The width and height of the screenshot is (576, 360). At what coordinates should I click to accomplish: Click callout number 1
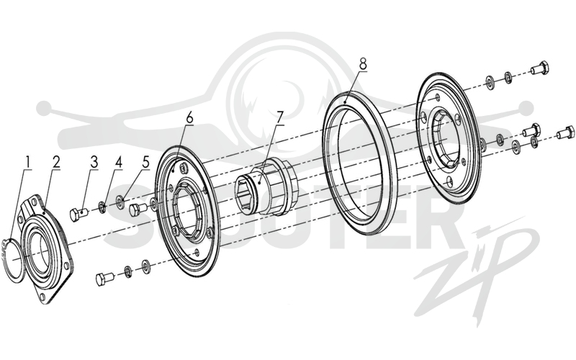point(27,163)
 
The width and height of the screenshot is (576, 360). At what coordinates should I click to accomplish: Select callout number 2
point(56,163)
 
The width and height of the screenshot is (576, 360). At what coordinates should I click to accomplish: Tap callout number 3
point(95,163)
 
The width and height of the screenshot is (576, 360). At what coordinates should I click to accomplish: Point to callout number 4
point(118,163)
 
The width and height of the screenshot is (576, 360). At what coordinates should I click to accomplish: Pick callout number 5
point(146,163)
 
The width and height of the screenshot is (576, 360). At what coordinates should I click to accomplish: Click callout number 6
point(189,117)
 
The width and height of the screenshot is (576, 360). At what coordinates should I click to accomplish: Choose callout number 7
point(280,117)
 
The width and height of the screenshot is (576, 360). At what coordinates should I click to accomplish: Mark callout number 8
point(363,64)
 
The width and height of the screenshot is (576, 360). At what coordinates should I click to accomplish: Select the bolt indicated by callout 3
point(79,213)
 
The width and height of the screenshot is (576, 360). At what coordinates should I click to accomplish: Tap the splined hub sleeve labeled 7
point(265,186)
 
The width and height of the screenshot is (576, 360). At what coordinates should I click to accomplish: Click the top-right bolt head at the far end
point(539,68)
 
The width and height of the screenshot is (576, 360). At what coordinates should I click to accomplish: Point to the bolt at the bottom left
point(105,279)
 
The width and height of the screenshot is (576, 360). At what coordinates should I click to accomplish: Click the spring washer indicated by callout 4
point(102,206)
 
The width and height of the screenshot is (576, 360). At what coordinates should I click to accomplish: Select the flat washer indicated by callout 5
point(120,200)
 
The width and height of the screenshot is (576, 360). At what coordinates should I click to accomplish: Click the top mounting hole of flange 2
point(33,202)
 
